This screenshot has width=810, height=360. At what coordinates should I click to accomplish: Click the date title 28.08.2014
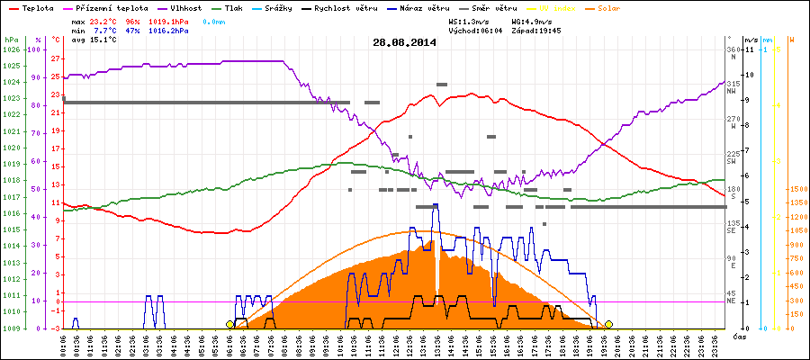(404, 42)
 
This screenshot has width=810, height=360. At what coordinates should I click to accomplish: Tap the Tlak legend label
(233, 7)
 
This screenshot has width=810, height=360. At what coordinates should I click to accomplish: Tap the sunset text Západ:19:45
(536, 31)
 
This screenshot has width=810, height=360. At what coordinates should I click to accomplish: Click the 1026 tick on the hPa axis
(10, 49)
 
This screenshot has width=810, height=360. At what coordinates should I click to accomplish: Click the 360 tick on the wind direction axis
(733, 49)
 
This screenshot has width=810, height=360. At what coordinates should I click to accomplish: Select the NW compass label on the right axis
(733, 90)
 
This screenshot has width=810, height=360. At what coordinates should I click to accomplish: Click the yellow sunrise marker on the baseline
(229, 324)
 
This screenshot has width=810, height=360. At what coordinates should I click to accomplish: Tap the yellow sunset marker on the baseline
(609, 324)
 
